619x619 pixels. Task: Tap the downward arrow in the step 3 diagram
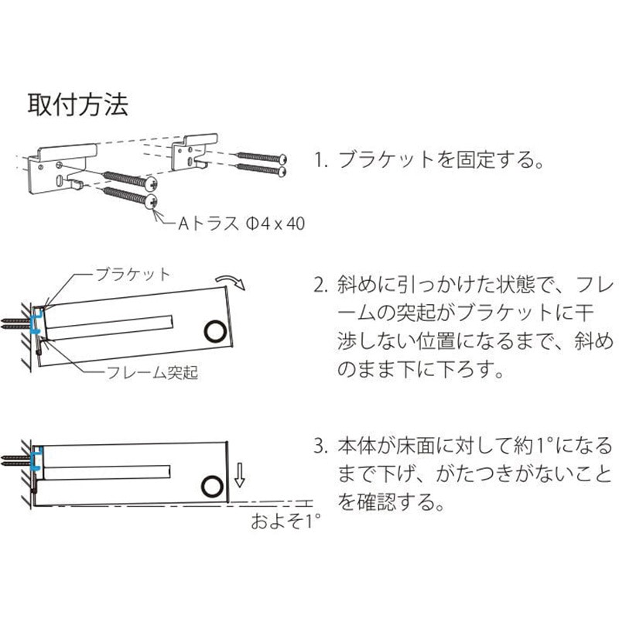pyautogui.click(x=240, y=474)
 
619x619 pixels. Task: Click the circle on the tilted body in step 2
pyautogui.click(x=216, y=331)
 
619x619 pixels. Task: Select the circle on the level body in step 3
pyautogui.click(x=210, y=486)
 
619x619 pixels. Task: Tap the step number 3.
pyautogui.click(x=320, y=446)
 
